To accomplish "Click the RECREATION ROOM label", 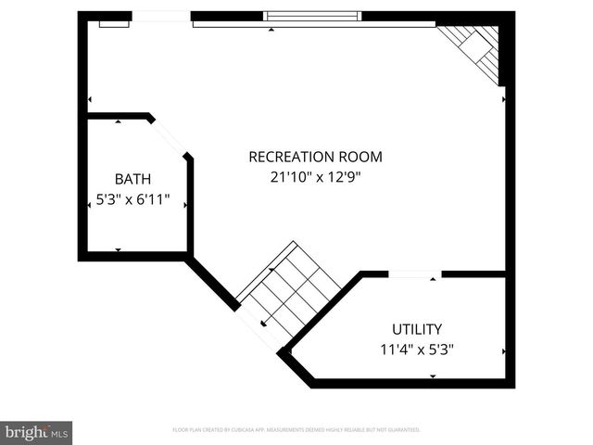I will click(315, 157).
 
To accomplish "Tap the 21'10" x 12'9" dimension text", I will click(315, 177).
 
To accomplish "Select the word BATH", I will click(132, 179).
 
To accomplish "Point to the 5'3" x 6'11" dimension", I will click(133, 198).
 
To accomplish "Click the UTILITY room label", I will click(416, 329).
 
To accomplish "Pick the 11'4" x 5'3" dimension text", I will click(416, 350).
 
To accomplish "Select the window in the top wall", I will click(312, 16).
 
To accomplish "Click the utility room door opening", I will click(414, 274).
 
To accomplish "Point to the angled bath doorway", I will click(170, 137).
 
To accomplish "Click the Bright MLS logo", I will click(36, 432).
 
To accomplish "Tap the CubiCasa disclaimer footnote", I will click(296, 430).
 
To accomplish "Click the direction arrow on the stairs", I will click(263, 324).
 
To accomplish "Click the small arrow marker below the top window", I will click(271, 30).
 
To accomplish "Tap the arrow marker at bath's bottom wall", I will click(118, 249).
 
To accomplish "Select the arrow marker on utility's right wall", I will click(504, 351).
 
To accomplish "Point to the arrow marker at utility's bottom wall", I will click(433, 375).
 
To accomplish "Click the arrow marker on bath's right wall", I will click(186, 205).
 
